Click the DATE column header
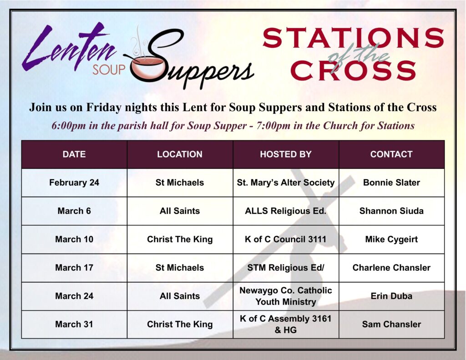pos(74,154)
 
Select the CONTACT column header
pos(391,154)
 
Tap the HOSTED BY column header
pos(286,154)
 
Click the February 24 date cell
pos(74,183)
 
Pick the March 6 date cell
pos(74,211)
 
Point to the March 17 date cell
pos(74,268)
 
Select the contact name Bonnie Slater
pos(391,183)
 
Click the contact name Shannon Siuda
pos(391,211)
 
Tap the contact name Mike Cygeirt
pos(391,239)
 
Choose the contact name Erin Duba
pos(391,296)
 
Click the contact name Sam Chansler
pos(391,325)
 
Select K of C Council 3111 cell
pos(286,239)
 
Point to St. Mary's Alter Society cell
pos(286,183)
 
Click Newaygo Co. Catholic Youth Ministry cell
pos(286,296)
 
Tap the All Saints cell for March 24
pos(180,296)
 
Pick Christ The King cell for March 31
pos(180,325)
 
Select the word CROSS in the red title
pos(353,70)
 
